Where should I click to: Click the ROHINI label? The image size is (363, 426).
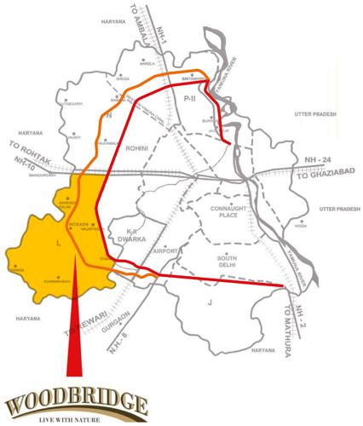[137, 149]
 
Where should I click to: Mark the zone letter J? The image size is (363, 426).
[208, 302]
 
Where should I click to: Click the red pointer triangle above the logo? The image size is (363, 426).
[75, 341]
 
